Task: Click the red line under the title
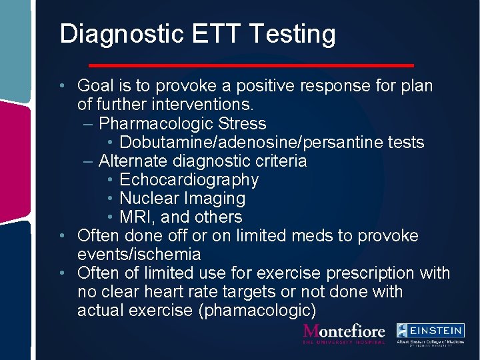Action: [x=251, y=65]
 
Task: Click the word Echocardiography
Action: [x=189, y=179]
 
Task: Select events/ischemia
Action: [x=139, y=254]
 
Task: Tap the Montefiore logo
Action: [x=344, y=333]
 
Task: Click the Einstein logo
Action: [x=429, y=335]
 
